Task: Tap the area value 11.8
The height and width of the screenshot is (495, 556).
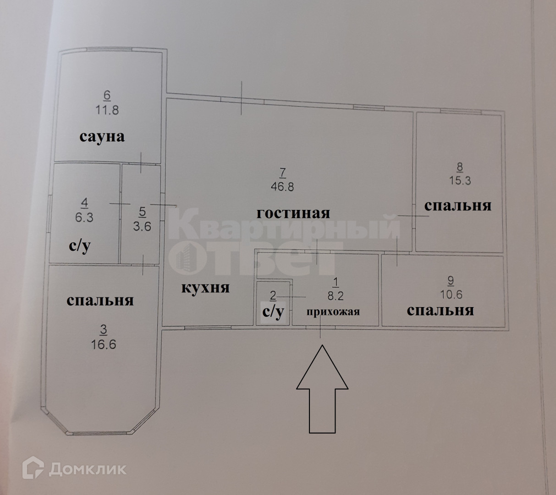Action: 107,110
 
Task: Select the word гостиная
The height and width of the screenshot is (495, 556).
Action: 293,213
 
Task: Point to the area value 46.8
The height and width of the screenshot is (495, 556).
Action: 282,187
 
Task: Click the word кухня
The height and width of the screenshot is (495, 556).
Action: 205,287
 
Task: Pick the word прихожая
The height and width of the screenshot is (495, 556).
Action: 333,312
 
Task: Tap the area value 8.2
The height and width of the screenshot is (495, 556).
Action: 336,296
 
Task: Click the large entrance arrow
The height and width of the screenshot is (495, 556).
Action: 322,390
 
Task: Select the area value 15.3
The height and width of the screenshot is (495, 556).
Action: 460,180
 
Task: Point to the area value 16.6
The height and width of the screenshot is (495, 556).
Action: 104,344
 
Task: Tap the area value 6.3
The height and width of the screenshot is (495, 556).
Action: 84,216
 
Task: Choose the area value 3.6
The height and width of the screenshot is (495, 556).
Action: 142,225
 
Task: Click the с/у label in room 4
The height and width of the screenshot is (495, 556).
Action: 80,246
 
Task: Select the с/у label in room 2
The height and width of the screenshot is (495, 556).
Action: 273,312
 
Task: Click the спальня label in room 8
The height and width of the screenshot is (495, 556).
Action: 457,205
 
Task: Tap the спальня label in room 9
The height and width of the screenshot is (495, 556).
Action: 440,311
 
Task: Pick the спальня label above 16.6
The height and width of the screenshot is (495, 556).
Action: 100,300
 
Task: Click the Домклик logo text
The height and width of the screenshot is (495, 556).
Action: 87,469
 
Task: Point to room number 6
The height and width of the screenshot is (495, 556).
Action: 107,95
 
